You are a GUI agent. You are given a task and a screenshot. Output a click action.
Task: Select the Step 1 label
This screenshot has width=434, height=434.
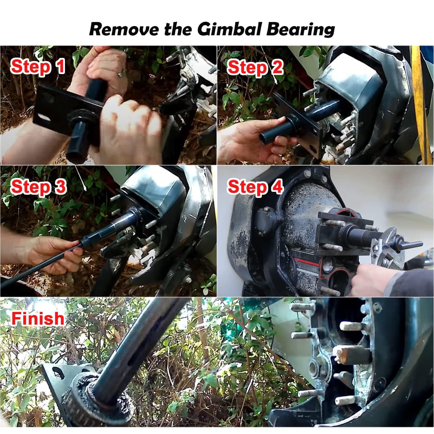38,67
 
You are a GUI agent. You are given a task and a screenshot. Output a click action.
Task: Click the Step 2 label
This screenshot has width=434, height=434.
255,68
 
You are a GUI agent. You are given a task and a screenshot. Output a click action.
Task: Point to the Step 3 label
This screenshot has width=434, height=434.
38,187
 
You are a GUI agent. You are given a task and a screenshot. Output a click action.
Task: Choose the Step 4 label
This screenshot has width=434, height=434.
255,187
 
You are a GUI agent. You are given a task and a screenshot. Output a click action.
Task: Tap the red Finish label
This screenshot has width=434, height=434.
38,318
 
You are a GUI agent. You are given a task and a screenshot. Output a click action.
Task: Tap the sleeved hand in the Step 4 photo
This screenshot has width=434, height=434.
376,279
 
